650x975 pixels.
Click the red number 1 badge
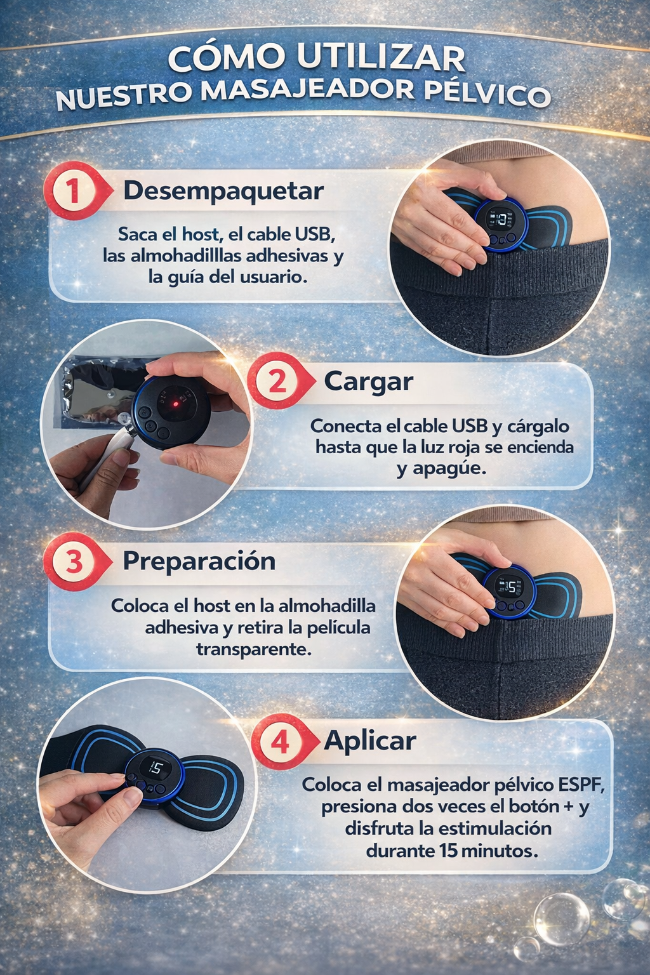click(x=73, y=190)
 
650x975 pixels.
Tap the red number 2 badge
click(x=277, y=381)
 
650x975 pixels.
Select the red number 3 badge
click(x=73, y=561)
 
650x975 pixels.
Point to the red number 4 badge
click(x=280, y=741)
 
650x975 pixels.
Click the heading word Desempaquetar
click(x=223, y=190)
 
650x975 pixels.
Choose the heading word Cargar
click(x=368, y=381)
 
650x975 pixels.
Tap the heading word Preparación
click(x=199, y=561)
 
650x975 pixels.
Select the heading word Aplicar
click(x=370, y=741)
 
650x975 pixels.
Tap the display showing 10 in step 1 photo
click(x=501, y=220)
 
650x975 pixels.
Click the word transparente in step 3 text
click(x=254, y=649)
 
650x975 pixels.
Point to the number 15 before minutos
click(x=448, y=851)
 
